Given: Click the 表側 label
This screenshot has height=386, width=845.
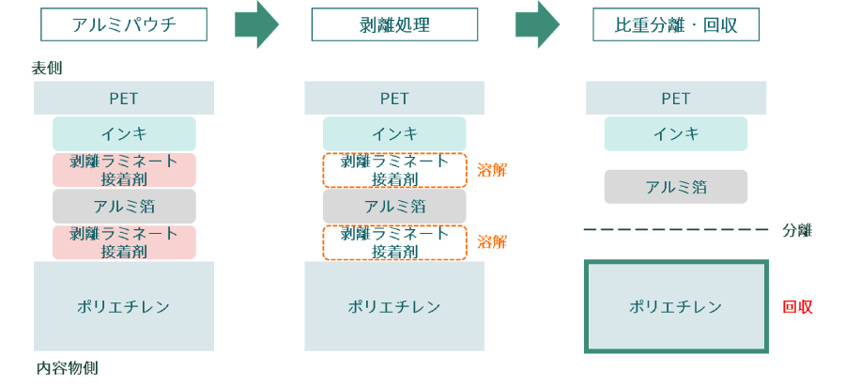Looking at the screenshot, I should tap(47, 68).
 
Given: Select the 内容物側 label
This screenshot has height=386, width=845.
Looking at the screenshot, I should tap(67, 368).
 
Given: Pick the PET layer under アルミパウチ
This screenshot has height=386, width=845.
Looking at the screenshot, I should tap(124, 98).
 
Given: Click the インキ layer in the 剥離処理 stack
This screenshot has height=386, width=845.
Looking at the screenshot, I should tap(394, 133).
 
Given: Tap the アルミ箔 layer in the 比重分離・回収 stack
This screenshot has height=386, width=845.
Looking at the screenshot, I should tap(675, 186).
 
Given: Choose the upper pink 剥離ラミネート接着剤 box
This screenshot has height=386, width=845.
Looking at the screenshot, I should tap(124, 169).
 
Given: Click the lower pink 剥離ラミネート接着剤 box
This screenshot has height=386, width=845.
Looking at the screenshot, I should tap(124, 241).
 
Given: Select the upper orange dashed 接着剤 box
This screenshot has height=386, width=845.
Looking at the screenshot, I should tap(394, 169).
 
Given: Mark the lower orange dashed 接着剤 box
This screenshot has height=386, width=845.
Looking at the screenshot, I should tap(394, 241).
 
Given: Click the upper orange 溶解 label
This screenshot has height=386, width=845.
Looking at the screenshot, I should tap(491, 169).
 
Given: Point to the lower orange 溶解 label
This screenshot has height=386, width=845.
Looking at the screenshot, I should tap(491, 241).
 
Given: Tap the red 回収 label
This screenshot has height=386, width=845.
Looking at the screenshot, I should tap(797, 306).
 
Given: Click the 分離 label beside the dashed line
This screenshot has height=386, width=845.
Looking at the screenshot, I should tap(797, 230).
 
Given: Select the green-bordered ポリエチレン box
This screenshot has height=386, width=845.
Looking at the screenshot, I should tap(675, 306).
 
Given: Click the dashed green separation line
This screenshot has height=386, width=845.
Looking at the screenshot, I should tap(675, 229).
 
